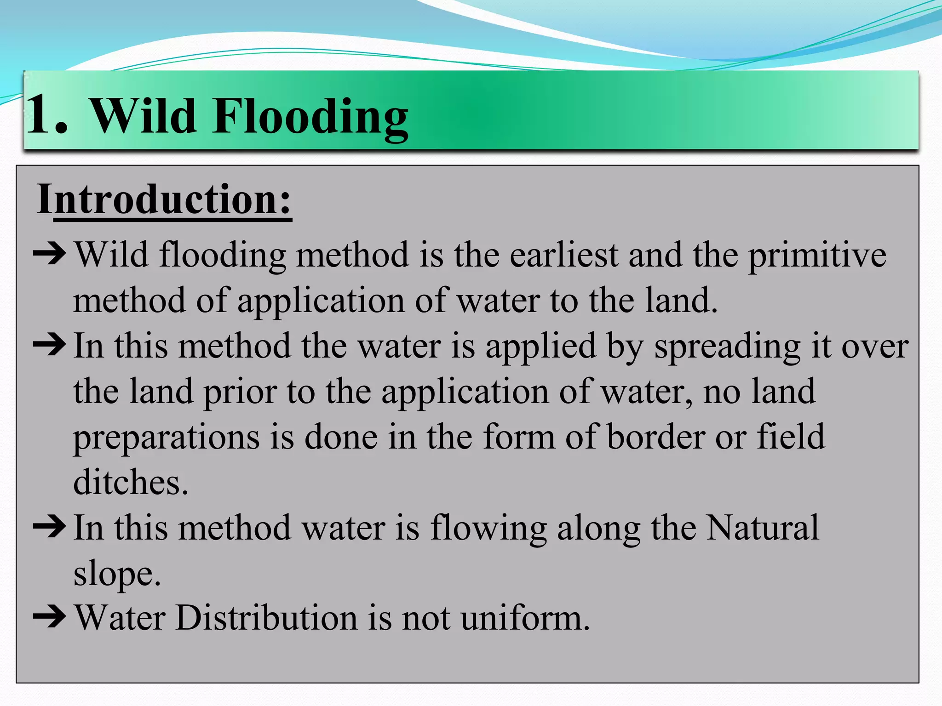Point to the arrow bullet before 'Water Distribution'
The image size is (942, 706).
pos(49,616)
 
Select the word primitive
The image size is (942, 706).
pos(817,255)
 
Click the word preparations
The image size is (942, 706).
pos(167,437)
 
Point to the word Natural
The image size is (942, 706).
pos(762,527)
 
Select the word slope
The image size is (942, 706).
pos(117,573)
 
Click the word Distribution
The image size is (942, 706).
pos(266,617)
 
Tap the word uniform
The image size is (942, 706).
pos(525,617)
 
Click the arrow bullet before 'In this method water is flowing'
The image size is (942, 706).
pos(49,527)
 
